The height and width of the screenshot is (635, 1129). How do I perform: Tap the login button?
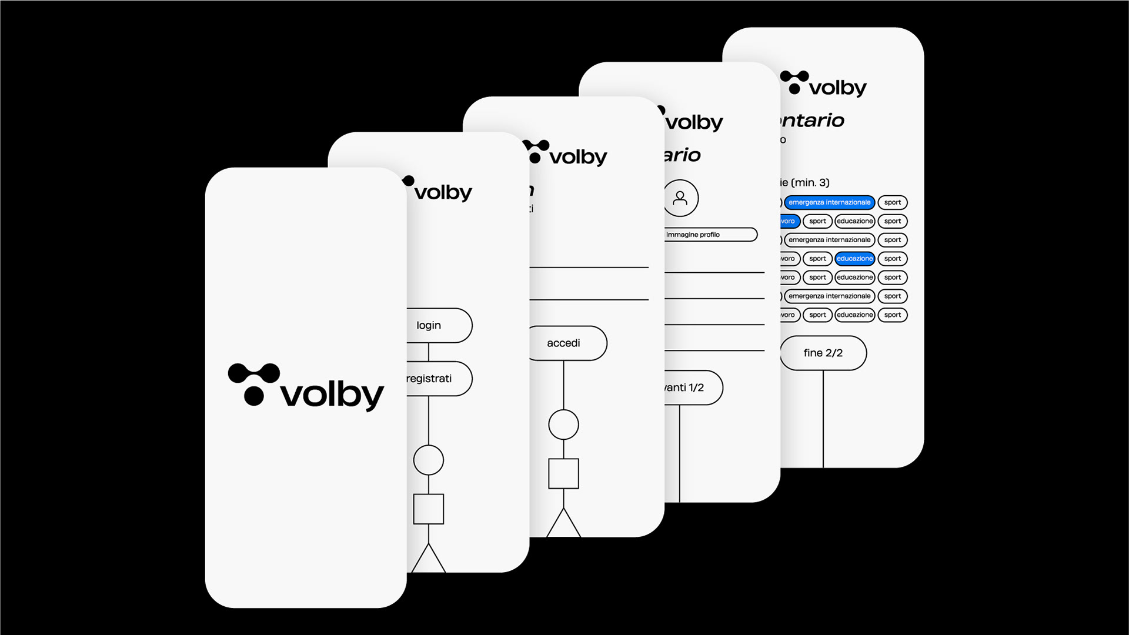coord(438,325)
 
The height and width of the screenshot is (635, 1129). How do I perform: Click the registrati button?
coord(438,379)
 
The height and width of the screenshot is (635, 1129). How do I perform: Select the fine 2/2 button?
coord(823,353)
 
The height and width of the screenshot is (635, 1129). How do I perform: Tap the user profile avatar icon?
coord(680,198)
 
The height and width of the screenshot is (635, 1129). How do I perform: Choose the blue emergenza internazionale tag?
coord(829,202)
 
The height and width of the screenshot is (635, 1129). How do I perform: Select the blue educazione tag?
coord(854,259)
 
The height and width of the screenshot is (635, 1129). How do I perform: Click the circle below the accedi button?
coord(563,425)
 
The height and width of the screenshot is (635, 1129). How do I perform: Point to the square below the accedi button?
coord(563,473)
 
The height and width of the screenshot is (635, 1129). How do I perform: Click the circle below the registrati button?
coord(428,460)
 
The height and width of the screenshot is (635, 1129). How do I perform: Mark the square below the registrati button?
coord(428,509)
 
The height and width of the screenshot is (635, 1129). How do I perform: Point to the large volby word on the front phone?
coord(332,395)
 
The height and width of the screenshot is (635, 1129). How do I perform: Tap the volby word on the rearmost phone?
coord(837,88)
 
